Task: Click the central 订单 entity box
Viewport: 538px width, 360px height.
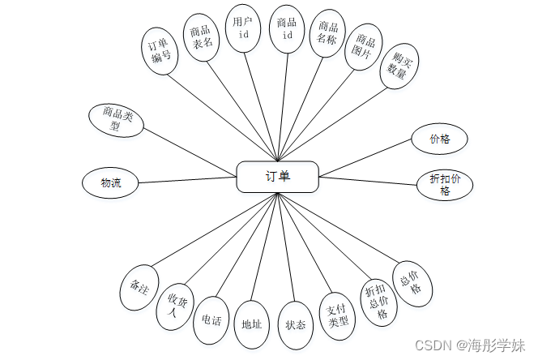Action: pyautogui.click(x=277, y=177)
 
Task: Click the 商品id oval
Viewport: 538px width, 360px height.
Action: pyautogui.click(x=286, y=30)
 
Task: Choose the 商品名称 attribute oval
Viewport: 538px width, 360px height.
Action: pyautogui.click(x=327, y=36)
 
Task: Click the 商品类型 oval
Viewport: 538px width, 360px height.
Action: pyautogui.click(x=116, y=119)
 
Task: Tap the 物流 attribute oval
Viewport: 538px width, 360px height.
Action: pyautogui.click(x=109, y=182)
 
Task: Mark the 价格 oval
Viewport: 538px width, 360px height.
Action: pyautogui.click(x=439, y=139)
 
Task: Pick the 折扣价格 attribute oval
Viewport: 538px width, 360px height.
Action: pyautogui.click(x=444, y=184)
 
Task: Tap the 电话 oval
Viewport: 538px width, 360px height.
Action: pyautogui.click(x=212, y=319)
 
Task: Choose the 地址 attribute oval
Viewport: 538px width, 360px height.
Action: pyautogui.click(x=251, y=324)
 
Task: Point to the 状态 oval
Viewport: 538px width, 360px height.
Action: pyautogui.click(x=295, y=324)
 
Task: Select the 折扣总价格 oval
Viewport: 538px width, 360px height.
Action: pyautogui.click(x=376, y=301)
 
